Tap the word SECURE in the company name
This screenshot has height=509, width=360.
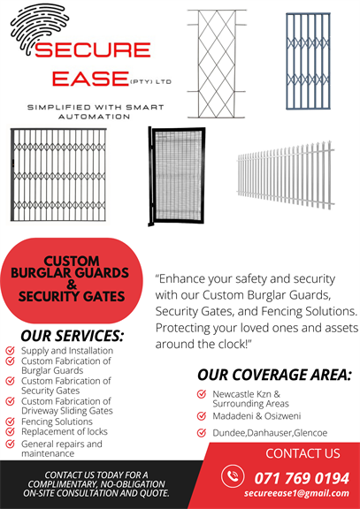[x=93, y=49]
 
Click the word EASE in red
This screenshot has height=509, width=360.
[x=90, y=79]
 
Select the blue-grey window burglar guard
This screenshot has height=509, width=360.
[x=308, y=61]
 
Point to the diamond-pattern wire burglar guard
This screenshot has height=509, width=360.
[x=217, y=64]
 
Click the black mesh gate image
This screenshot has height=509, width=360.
[x=177, y=176]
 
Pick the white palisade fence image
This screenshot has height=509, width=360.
[x=286, y=175]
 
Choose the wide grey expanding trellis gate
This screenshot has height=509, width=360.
[x=58, y=175]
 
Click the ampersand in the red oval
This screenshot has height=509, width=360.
[x=71, y=285]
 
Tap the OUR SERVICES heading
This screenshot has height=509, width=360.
[x=73, y=336]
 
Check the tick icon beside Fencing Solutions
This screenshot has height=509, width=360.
[x=10, y=422]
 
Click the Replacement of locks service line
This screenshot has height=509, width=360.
[x=65, y=431]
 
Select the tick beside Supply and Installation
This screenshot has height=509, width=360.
[x=10, y=350]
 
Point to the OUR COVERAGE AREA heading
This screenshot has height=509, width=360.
[x=274, y=375]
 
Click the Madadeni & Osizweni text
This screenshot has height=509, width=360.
[x=257, y=416]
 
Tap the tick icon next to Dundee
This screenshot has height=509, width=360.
[x=202, y=432]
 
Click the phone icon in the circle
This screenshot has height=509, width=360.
[x=233, y=476]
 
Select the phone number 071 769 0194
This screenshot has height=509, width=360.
[x=302, y=478]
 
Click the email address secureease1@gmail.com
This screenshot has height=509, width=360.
[x=296, y=493]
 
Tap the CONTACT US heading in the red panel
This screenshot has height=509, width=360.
[x=303, y=453]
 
